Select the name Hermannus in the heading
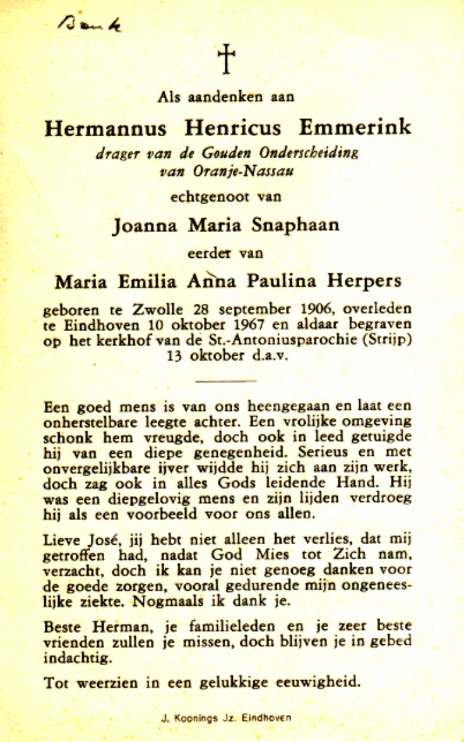tap(105, 128)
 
